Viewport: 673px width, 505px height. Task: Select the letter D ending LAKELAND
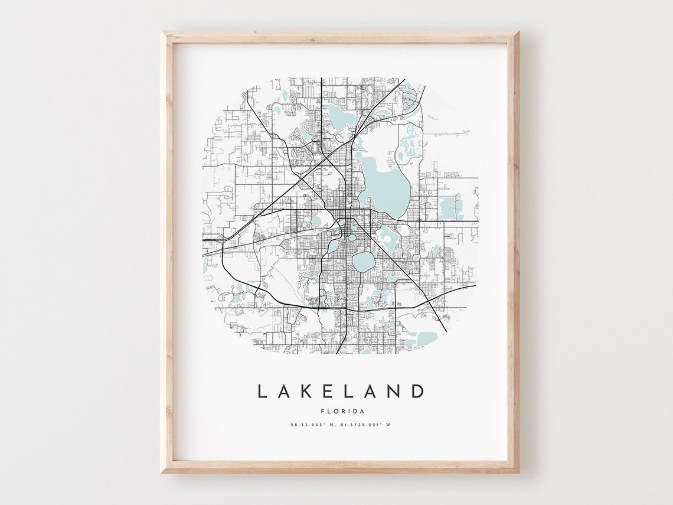[418, 392]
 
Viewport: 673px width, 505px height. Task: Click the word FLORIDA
[342, 411]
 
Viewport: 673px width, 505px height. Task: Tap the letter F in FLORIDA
[322, 411]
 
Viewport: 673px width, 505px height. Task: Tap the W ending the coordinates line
[390, 425]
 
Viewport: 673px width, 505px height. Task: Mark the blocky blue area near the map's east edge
[450, 207]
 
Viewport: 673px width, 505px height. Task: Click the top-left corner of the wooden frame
[161, 32]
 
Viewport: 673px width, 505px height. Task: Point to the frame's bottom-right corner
[518, 473]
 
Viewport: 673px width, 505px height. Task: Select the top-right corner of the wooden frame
[518, 32]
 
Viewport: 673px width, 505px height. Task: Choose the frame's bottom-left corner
[161, 473]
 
